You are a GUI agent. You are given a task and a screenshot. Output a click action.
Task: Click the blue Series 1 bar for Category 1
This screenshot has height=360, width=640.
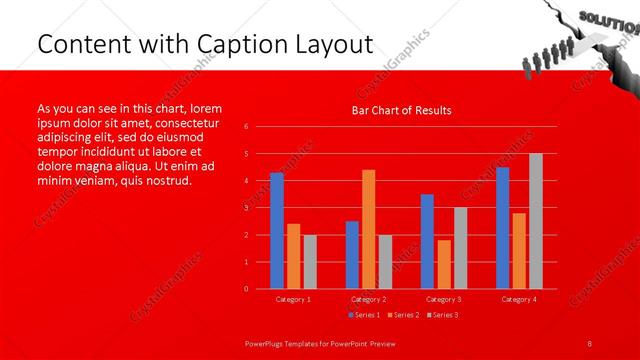(277, 231)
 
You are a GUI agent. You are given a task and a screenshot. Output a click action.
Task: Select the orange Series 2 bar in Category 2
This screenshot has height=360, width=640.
(369, 229)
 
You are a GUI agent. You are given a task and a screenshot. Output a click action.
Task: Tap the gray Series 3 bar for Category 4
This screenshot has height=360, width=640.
(536, 221)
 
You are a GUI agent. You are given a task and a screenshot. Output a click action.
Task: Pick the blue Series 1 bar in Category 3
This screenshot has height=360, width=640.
(427, 241)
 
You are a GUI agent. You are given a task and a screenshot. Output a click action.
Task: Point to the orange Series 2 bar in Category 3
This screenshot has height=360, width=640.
(444, 264)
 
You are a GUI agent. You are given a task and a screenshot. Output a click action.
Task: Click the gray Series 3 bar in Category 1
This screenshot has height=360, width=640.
(310, 262)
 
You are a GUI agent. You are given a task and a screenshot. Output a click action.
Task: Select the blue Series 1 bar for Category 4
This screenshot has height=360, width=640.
(502, 228)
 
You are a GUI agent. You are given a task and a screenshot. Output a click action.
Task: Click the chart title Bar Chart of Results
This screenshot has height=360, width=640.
(401, 110)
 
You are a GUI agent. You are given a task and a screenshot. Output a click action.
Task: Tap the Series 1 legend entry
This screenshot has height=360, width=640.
(365, 315)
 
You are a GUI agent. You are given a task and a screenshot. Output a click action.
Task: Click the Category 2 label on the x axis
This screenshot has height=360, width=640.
(368, 299)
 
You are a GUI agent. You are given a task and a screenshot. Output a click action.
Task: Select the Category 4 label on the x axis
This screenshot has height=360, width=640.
(518, 299)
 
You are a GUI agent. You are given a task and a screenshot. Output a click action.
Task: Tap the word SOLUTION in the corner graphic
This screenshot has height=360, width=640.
(600, 20)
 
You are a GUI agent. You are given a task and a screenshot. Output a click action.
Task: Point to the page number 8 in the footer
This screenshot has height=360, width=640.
(590, 342)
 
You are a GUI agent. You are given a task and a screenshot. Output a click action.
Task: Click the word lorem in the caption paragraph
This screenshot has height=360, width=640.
(205, 108)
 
